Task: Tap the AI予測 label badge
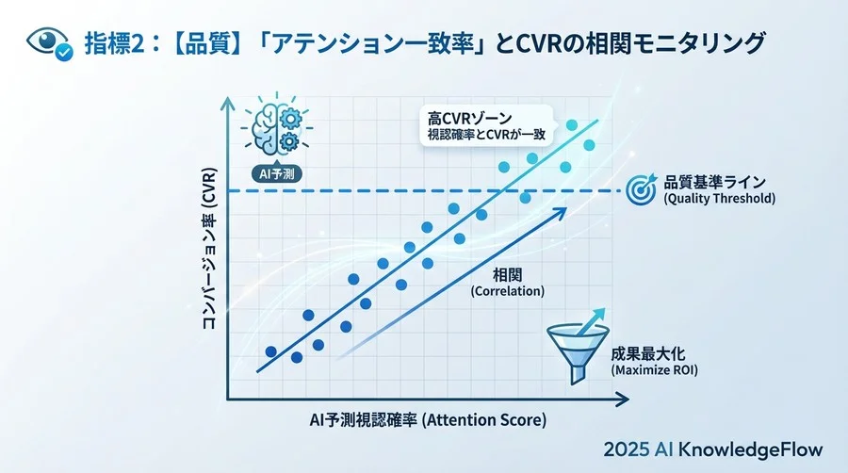click(274, 173)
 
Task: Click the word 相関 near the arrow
click(507, 274)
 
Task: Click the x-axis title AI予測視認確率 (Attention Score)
click(427, 418)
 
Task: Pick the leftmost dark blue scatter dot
click(271, 351)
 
